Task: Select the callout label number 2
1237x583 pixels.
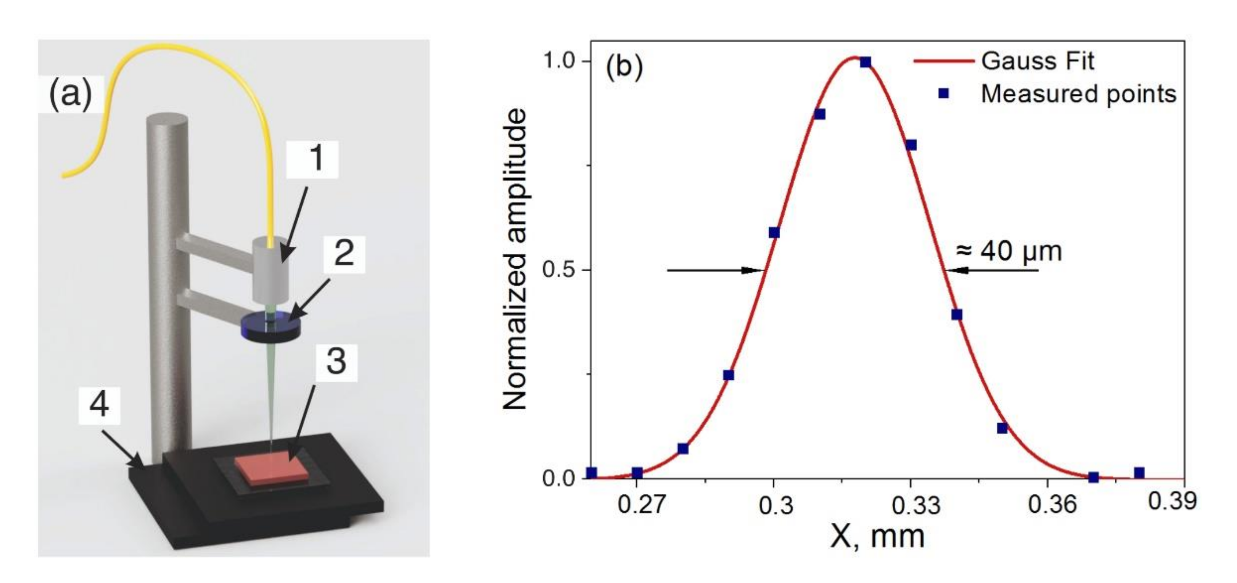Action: pos(344,253)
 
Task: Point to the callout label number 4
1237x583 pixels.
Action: pos(99,405)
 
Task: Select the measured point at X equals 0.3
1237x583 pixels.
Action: pos(774,232)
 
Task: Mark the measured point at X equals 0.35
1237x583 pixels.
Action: pos(1002,428)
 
